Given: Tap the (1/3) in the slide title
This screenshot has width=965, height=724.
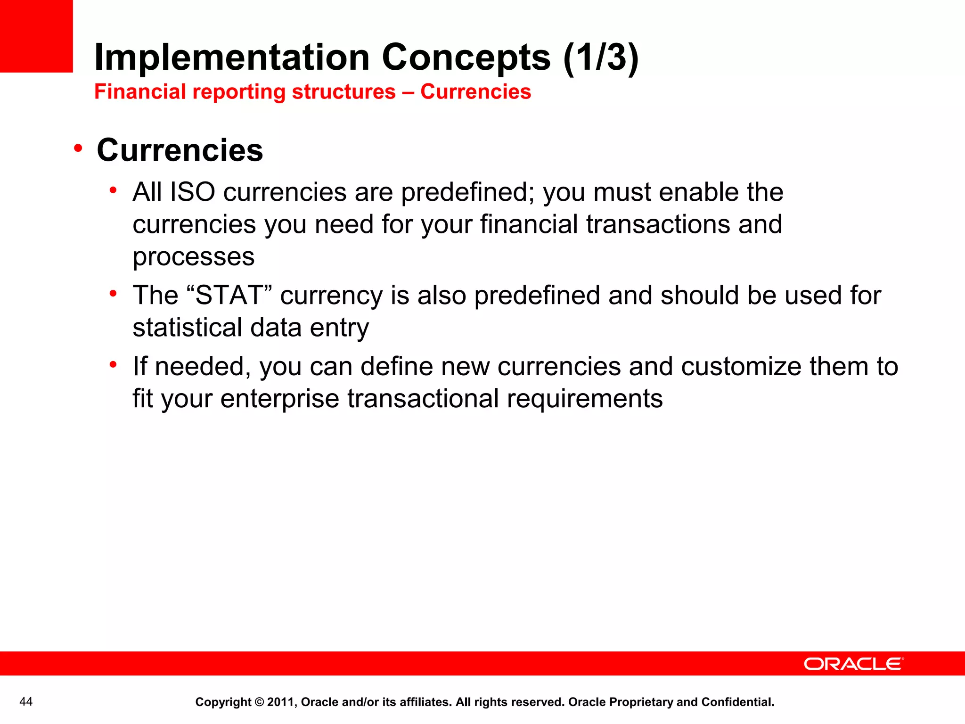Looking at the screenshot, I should pos(601,58).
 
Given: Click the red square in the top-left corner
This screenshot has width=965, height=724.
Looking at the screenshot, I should pos(36,36).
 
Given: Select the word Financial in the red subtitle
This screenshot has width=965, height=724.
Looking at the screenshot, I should pos(140,92).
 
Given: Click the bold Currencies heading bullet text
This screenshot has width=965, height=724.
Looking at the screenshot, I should pos(180,150).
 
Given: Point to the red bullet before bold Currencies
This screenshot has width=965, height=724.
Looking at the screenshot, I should pos(78,149).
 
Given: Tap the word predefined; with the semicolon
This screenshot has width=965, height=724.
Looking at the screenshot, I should pos(468,192).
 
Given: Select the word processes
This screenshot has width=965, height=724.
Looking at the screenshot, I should pos(194,257).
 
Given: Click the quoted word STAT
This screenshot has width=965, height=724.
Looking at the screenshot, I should pos(229,296).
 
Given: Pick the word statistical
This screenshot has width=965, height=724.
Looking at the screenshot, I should pos(187,328).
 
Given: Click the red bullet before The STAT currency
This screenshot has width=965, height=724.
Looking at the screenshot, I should pos(113,294).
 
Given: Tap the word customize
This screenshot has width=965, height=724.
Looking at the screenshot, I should pos(741,367).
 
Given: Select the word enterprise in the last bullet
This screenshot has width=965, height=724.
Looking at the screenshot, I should pos(279,399).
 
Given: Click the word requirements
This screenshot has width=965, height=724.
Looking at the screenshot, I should pos(585,399).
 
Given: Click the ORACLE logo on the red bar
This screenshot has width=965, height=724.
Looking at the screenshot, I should pos(853,664).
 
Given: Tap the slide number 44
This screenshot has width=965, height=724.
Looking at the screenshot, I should pos(26,702).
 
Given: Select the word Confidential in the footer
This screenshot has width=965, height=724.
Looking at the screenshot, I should pos(737,702).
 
